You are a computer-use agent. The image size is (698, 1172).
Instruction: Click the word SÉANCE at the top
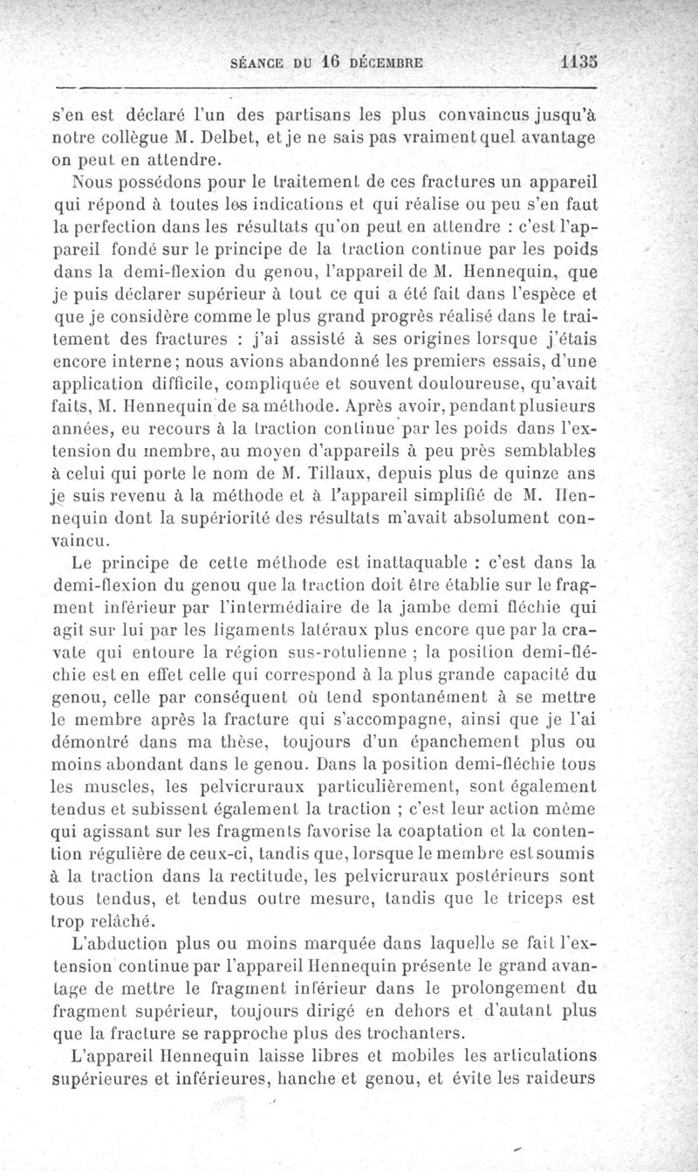tap(257, 63)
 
